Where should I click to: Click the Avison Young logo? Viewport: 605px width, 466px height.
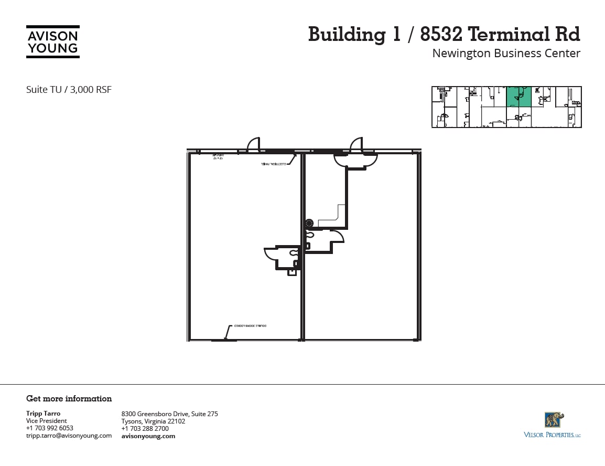tap(53, 42)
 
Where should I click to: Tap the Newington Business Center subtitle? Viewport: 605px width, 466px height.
tap(506, 54)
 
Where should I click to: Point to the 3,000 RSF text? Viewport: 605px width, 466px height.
tap(94, 90)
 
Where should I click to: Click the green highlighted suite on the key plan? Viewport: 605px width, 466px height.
tap(518, 97)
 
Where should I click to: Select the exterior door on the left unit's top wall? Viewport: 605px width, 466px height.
tap(253, 145)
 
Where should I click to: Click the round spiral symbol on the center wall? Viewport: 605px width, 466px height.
tap(309, 223)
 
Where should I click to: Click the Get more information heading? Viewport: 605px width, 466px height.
tap(69, 399)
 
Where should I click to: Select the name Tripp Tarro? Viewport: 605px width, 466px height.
tap(43, 414)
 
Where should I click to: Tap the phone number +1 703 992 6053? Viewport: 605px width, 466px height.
tap(50, 428)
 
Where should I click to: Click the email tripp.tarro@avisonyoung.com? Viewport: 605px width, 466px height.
tap(69, 436)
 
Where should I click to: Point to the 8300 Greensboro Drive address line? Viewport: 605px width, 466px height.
tap(169, 414)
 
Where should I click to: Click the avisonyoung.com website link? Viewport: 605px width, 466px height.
tap(148, 436)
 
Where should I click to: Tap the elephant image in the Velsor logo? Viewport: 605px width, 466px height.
tap(554, 420)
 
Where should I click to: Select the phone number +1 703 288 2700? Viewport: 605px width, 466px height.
tap(145, 429)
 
